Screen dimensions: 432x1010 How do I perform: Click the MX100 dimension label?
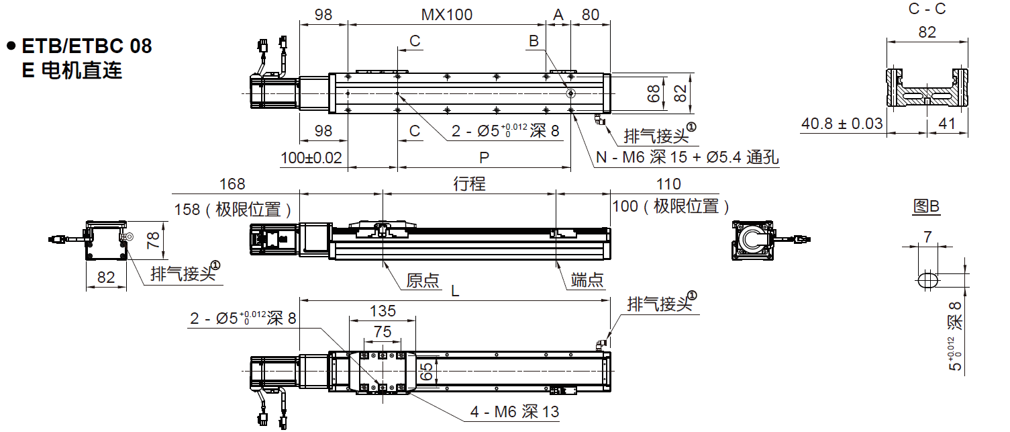(x=447, y=14)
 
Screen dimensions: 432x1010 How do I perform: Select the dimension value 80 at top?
(x=590, y=14)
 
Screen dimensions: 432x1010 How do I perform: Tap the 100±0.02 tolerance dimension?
(x=311, y=158)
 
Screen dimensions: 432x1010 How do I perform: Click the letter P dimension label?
(x=483, y=157)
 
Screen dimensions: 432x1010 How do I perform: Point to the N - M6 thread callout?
(x=687, y=158)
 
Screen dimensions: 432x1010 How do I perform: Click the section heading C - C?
(x=927, y=9)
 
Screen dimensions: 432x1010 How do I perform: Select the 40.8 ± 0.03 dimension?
(x=842, y=124)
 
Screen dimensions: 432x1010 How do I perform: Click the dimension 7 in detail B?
(x=927, y=236)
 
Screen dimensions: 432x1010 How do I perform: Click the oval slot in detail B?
(x=927, y=280)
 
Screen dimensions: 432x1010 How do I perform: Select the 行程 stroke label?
(x=469, y=183)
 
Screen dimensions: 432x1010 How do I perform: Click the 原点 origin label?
(x=423, y=280)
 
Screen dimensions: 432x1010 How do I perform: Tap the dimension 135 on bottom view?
(x=383, y=310)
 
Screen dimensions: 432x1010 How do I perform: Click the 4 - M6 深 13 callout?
(x=514, y=412)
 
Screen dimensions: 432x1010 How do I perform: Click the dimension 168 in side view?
(x=232, y=183)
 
